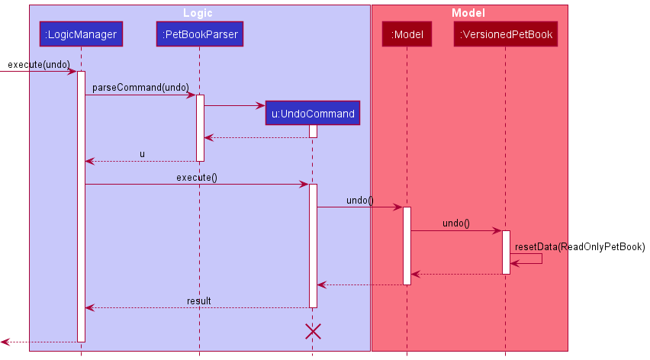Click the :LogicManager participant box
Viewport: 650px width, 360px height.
pyautogui.click(x=81, y=34)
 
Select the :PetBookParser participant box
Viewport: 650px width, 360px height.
pyautogui.click(x=200, y=34)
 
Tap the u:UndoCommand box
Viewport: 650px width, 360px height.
pyautogui.click(x=313, y=114)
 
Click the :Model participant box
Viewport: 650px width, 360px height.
pyautogui.click(x=407, y=34)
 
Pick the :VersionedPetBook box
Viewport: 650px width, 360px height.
pyautogui.click(x=506, y=34)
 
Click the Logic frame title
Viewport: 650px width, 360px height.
pyautogui.click(x=198, y=13)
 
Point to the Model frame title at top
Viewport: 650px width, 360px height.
pyautogui.click(x=468, y=13)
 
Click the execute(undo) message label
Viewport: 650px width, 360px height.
pyautogui.click(x=39, y=64)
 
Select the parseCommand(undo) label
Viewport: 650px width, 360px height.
pyautogui.click(x=140, y=88)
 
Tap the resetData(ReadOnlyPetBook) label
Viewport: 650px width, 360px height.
pyautogui.click(x=580, y=247)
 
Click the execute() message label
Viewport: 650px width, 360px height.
pyautogui.click(x=197, y=178)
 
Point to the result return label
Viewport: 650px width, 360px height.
pyautogui.click(x=198, y=301)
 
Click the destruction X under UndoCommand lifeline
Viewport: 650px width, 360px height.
pyautogui.click(x=313, y=331)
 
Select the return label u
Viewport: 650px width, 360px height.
pyautogui.click(x=142, y=154)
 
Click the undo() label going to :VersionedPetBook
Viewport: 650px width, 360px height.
pyautogui.click(x=456, y=224)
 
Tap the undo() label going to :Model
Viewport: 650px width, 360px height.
pyautogui.click(x=360, y=201)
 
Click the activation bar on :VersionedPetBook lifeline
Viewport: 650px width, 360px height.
pyautogui.click(x=506, y=252)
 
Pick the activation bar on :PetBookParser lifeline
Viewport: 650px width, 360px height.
pyautogui.click(x=200, y=127)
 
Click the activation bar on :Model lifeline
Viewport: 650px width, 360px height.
pyautogui.click(x=407, y=245)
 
